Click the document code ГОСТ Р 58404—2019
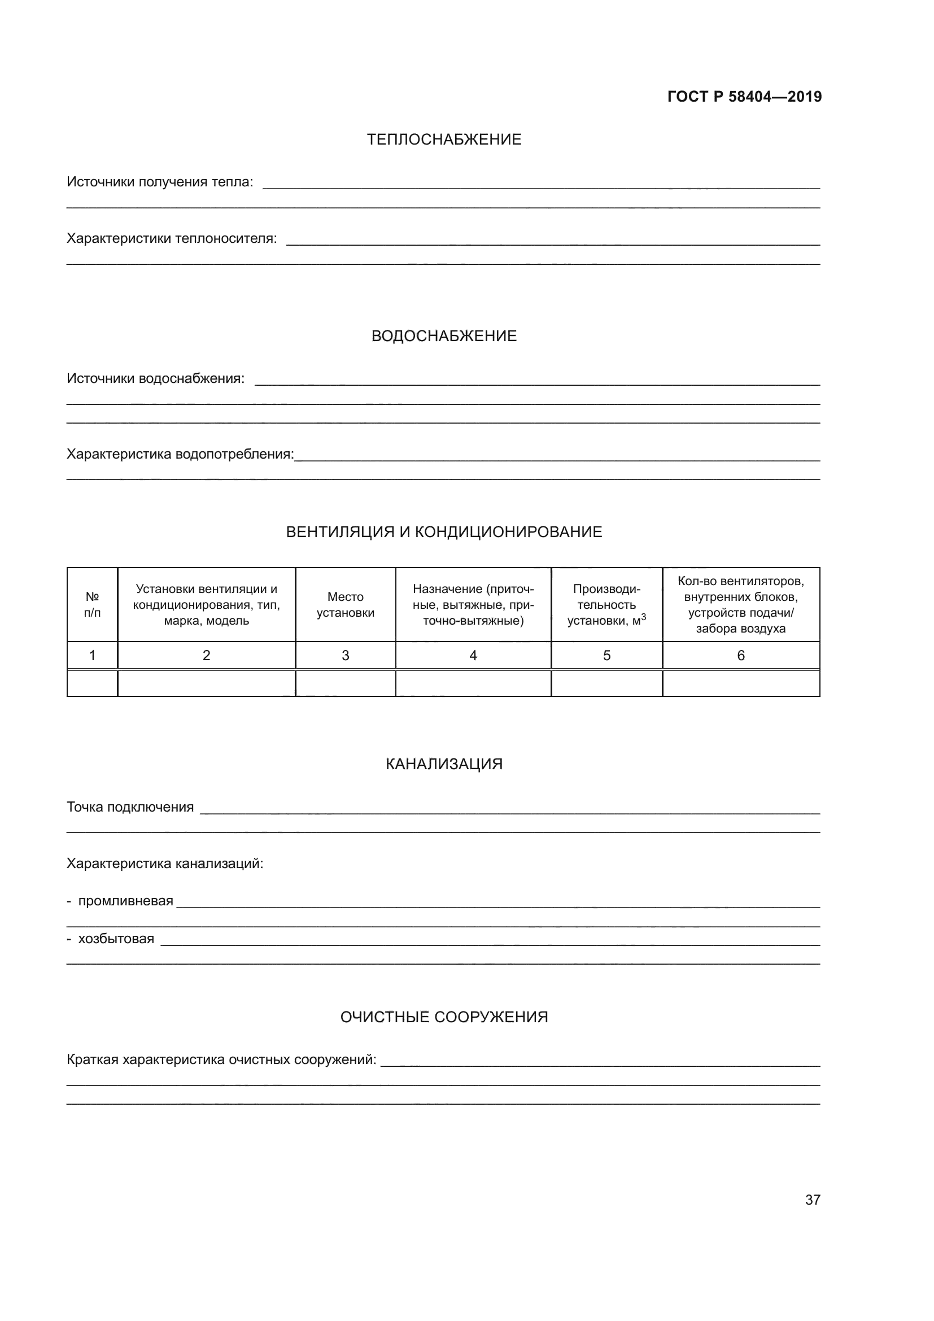(744, 97)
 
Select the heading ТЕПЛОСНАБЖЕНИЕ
(444, 140)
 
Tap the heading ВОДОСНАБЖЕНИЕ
(444, 336)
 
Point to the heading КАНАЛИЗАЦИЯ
(444, 764)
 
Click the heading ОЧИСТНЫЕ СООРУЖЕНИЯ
(444, 1017)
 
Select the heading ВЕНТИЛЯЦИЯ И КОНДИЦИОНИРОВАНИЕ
(444, 531)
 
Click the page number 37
(813, 1200)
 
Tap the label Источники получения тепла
(160, 182)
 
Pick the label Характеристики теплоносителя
(172, 239)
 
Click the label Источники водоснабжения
(155, 378)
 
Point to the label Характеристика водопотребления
(180, 455)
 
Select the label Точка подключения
(130, 807)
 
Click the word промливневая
(125, 901)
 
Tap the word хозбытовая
(116, 939)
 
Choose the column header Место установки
(345, 605)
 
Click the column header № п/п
(92, 605)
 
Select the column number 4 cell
(473, 655)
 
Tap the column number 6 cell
(741, 655)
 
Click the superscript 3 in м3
(644, 616)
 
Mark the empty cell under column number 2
(206, 683)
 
